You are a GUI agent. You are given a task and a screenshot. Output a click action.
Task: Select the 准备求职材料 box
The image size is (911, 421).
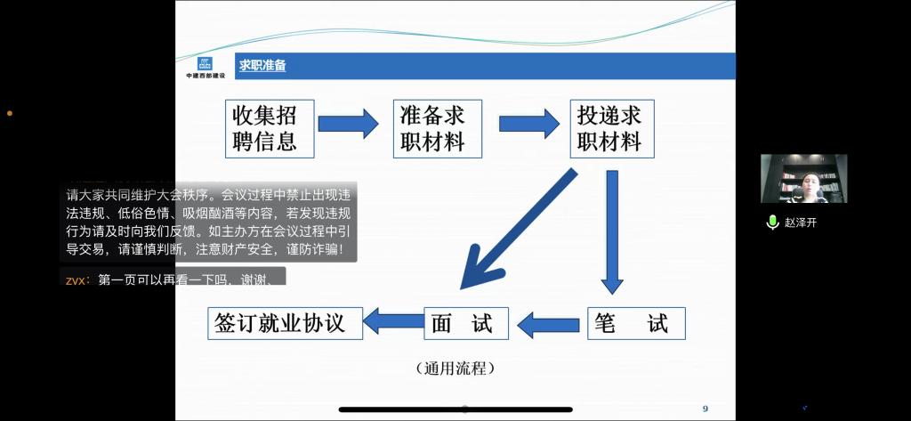pos(438,128)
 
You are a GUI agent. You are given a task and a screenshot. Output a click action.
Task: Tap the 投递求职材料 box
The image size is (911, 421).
pos(609,128)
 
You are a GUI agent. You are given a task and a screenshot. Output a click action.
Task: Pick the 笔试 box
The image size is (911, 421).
pos(636,323)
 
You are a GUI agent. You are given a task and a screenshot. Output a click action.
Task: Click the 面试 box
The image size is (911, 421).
pos(465,323)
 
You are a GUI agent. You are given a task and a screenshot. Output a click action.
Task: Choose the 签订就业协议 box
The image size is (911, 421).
pos(286,323)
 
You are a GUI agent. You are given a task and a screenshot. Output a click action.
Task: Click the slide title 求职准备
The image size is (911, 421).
pos(262,66)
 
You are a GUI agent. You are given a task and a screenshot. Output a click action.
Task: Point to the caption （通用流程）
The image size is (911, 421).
pos(455,368)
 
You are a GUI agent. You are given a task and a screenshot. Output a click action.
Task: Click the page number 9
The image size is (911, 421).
pos(705,409)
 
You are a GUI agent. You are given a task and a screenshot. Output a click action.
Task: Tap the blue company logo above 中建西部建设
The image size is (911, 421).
pos(205,63)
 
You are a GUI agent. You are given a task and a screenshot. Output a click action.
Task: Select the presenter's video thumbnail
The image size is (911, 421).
pos(803,178)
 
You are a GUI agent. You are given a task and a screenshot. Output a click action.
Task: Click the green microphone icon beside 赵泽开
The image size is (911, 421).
pos(772,223)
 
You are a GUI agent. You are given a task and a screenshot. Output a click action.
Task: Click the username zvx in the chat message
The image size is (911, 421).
pos(76,280)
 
